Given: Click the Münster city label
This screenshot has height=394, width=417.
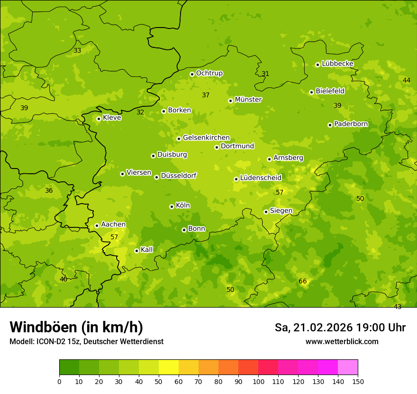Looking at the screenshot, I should click(248, 100).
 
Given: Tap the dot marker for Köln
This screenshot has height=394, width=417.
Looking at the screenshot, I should click(172, 206).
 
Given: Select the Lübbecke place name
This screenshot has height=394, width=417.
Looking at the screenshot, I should click(337, 64).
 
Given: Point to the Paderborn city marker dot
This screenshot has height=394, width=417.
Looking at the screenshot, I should click(330, 125).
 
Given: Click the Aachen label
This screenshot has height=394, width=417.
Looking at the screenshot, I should click(113, 225).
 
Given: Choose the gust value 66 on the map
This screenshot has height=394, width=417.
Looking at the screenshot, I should click(303, 281).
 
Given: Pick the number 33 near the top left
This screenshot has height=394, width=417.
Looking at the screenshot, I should click(77, 51).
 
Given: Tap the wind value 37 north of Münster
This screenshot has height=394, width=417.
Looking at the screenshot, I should click(206, 95).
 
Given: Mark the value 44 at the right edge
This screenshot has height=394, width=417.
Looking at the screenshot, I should click(407, 80).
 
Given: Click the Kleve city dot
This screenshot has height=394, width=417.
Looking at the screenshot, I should click(99, 119).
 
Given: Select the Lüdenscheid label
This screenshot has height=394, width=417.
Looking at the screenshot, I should click(261, 178).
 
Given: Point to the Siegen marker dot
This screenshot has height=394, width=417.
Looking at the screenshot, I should click(266, 212).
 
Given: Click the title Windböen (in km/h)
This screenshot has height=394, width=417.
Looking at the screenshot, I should click(76, 327).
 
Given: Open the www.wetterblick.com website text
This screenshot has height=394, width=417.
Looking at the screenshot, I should click(342, 342).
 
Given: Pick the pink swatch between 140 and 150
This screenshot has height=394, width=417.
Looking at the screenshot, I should click(348, 367).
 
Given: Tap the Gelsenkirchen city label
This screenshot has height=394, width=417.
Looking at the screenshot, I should click(206, 138).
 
